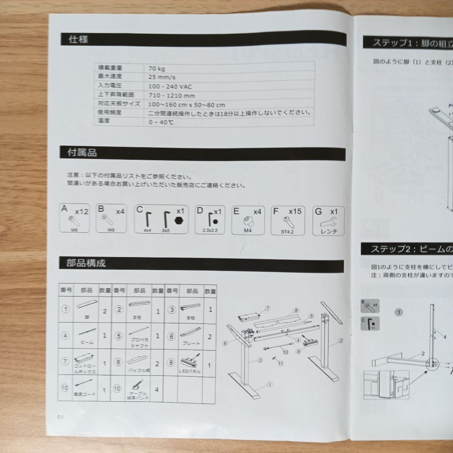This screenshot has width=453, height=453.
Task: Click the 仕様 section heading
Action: point(78,39)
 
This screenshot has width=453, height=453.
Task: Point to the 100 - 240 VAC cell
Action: point(171,86)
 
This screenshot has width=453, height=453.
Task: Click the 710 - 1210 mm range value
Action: point(172,96)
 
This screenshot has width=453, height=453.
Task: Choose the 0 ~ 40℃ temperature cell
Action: point(161,122)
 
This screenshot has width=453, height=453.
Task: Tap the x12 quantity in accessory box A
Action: point(81,212)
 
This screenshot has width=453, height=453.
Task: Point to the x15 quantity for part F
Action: point(295,211)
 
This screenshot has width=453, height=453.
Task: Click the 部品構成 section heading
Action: point(86,263)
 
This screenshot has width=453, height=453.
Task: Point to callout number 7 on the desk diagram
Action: point(267,308)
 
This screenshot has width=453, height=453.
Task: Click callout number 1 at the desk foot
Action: point(269,383)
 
